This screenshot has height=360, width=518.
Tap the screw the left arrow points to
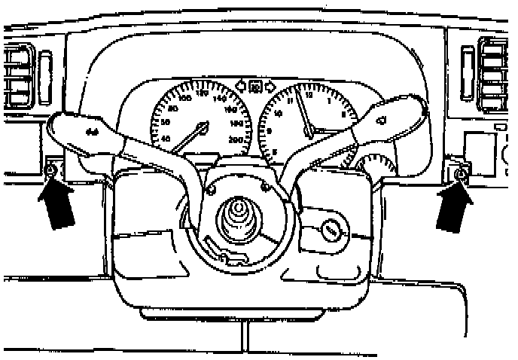point(50,173)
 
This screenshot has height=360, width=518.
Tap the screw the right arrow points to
point(462,175)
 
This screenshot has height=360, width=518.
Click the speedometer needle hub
point(202,124)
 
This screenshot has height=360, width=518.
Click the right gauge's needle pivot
point(309,132)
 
